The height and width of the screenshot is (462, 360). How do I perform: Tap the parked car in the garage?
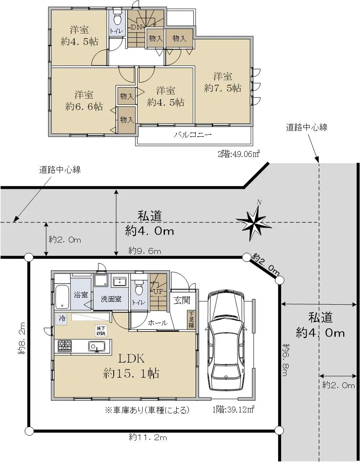[226, 341]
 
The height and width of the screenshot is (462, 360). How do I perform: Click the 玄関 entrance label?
[182, 300]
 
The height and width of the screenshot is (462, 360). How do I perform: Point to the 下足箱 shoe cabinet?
[191, 319]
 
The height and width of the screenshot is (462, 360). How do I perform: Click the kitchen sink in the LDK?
[97, 346]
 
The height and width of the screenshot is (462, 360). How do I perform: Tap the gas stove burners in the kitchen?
[65, 346]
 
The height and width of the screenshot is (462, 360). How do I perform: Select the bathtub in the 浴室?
[62, 297]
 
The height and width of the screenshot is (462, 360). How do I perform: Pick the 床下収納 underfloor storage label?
[101, 330]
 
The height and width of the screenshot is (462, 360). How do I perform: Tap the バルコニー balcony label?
[193, 135]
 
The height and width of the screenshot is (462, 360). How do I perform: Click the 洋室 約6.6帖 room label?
[83, 100]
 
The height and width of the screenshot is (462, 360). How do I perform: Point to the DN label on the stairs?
[136, 27]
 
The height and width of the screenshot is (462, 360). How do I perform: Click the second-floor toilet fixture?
[117, 18]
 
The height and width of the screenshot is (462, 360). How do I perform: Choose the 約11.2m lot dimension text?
[148, 437]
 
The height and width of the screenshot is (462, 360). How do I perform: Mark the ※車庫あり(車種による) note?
[147, 410]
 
